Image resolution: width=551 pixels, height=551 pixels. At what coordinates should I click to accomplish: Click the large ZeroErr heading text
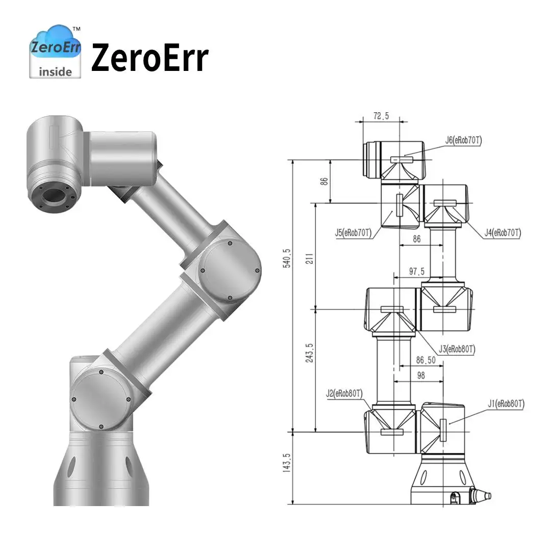[x=149, y=58]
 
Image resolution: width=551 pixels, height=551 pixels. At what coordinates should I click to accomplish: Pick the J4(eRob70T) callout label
[x=503, y=233]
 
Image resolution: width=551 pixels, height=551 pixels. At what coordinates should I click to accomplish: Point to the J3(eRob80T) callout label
[x=457, y=349]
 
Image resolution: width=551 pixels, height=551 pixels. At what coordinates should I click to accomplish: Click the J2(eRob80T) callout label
[x=344, y=394]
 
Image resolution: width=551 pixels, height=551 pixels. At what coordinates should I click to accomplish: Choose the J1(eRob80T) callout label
[x=505, y=404]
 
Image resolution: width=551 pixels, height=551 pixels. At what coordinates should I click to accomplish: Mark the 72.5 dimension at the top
[x=381, y=116]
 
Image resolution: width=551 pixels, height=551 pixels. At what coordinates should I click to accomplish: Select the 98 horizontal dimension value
[x=421, y=375]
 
